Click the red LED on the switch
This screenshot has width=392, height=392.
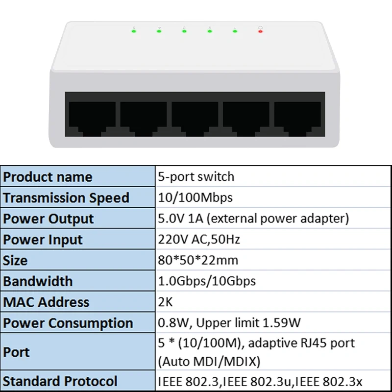260,31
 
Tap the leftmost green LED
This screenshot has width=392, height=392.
134,31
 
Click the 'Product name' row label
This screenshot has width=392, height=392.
48,177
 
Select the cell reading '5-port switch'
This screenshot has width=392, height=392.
196,176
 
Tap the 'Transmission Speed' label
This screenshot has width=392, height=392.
66,198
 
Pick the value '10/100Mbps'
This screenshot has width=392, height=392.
195,198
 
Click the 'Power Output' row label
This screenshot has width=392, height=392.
48,219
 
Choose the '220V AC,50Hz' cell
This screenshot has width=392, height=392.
198,240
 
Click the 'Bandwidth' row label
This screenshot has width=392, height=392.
38,281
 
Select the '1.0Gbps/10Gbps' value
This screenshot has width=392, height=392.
207,281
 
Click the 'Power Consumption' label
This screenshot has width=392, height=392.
68,323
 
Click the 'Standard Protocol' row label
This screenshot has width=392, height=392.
60,381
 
